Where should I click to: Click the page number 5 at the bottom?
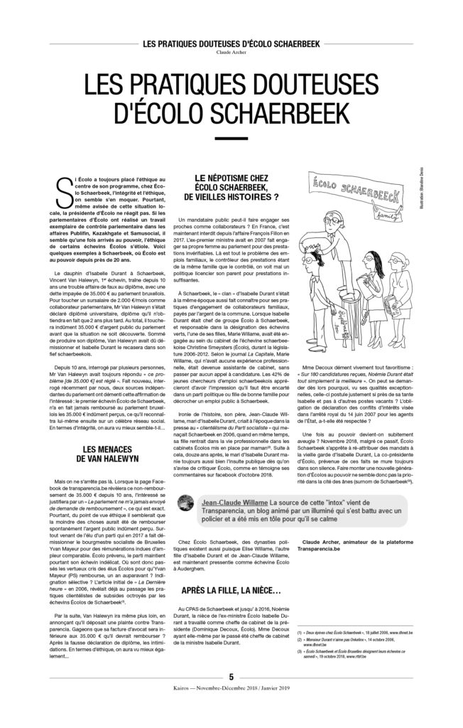tap(231, 696)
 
